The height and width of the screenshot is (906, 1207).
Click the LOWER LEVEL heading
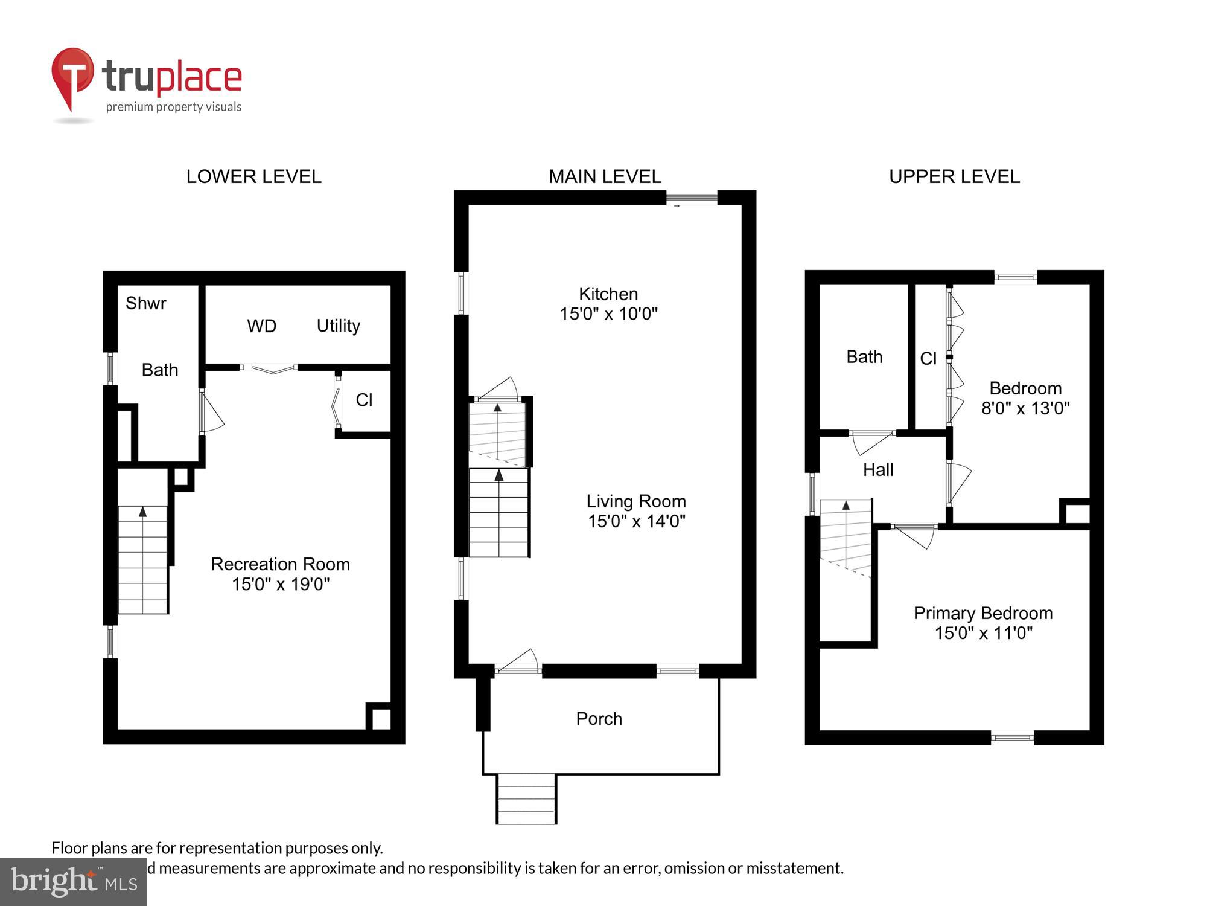tap(253, 176)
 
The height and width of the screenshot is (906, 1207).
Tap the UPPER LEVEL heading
tap(954, 176)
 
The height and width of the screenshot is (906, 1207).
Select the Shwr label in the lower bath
tap(145, 303)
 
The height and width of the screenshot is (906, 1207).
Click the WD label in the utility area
tap(261, 326)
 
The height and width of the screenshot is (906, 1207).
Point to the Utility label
tap(338, 326)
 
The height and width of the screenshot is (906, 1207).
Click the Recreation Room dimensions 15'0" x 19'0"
tap(281, 584)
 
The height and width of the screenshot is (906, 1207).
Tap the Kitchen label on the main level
tap(608, 294)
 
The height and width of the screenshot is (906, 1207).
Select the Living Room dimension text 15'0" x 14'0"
tap(636, 521)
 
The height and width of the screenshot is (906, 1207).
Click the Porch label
tap(599, 719)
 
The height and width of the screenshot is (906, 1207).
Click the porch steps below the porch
tap(526, 799)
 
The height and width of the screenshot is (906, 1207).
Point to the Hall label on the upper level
tap(877, 470)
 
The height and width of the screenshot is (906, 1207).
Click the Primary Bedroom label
tap(982, 614)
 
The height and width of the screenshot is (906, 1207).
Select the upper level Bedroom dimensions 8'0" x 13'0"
tap(1025, 408)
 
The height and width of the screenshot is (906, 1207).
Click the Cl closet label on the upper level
tap(928, 359)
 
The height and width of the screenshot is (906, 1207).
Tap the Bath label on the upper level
tap(864, 357)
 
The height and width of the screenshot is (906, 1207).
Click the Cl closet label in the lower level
tap(364, 400)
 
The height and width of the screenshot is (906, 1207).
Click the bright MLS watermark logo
tap(74, 882)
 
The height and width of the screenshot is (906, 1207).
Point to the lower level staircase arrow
tap(143, 512)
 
